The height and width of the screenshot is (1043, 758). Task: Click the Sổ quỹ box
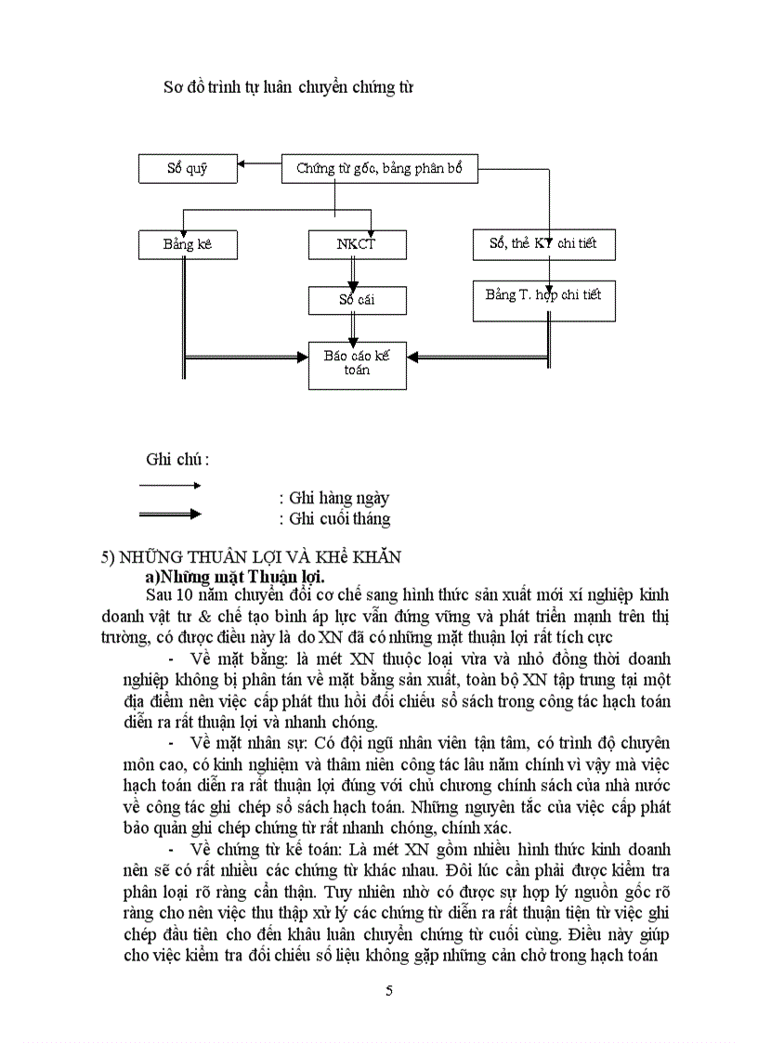tap(187, 169)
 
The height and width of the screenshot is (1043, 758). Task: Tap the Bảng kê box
tap(187, 244)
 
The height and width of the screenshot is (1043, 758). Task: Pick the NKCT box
tap(356, 244)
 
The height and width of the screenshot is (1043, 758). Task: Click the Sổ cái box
tap(356, 300)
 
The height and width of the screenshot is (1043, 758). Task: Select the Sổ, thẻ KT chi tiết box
tap(542, 244)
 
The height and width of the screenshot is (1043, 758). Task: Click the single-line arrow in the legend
tap(170, 485)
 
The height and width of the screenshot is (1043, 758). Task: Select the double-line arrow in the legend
tap(170, 514)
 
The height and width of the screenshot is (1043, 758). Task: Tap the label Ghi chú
tap(177, 459)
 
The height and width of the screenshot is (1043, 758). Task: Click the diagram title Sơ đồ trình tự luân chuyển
tap(288, 88)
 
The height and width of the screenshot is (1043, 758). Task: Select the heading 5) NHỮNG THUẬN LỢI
tap(251, 557)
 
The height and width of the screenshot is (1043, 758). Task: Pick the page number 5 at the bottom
tap(389, 990)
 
